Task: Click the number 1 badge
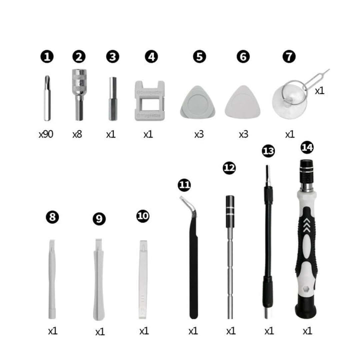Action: (x=47, y=56)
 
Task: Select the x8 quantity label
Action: (x=77, y=135)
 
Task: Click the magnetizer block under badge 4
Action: (x=148, y=100)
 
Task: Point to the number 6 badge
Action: (x=243, y=56)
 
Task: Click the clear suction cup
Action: (x=289, y=102)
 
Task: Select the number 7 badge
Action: (x=288, y=56)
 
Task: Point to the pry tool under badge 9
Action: (x=98, y=280)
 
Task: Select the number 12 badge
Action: (x=229, y=168)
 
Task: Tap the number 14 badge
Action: (x=307, y=147)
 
